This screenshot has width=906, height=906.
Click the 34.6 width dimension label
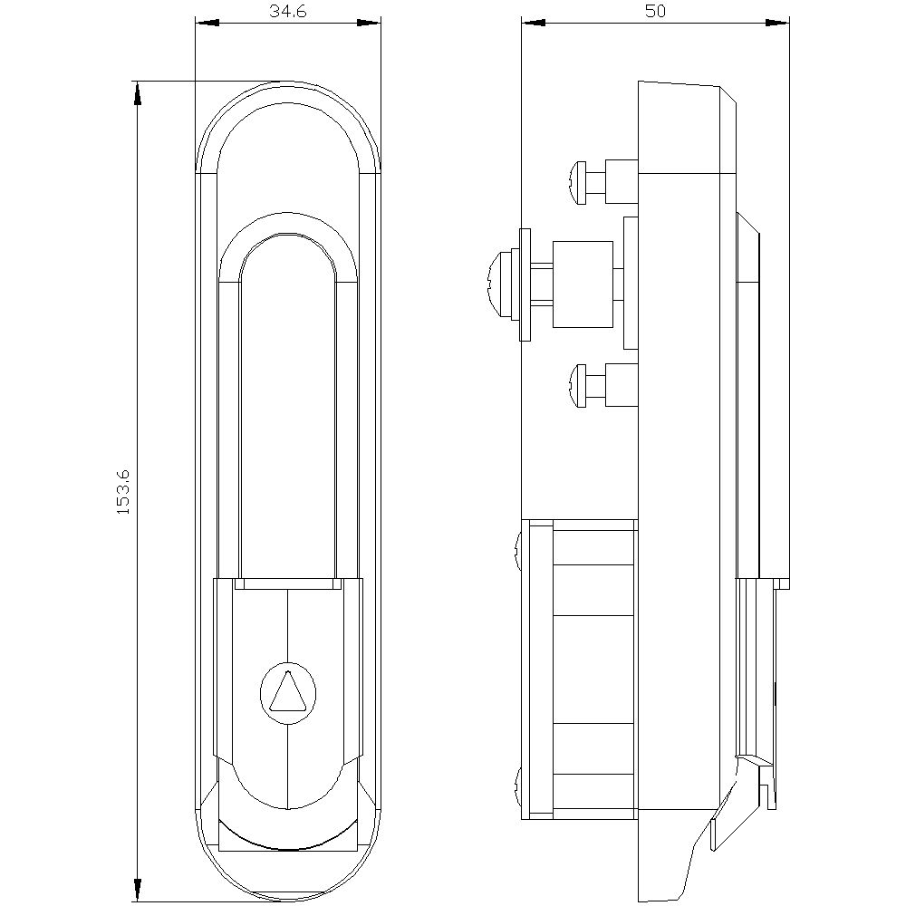tap(287, 11)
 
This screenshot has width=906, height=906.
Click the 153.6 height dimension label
tap(123, 492)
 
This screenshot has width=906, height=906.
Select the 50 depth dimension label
tap(655, 11)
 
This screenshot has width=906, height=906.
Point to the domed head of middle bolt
tap(500, 284)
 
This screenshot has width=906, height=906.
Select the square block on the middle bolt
tap(583, 284)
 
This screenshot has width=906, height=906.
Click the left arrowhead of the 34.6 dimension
tap(207, 24)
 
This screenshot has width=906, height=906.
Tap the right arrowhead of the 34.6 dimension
tap(369, 24)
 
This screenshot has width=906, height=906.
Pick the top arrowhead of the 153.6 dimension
tap(137, 93)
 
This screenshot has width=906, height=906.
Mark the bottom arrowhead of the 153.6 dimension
tap(137, 889)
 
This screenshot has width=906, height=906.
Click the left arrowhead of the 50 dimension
tap(534, 24)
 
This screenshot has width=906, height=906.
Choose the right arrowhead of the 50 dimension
tap(777, 24)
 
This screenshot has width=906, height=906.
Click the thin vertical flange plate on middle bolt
tap(525, 284)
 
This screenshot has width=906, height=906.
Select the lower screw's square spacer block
tap(622, 385)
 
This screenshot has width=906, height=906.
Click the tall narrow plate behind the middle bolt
tap(631, 283)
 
